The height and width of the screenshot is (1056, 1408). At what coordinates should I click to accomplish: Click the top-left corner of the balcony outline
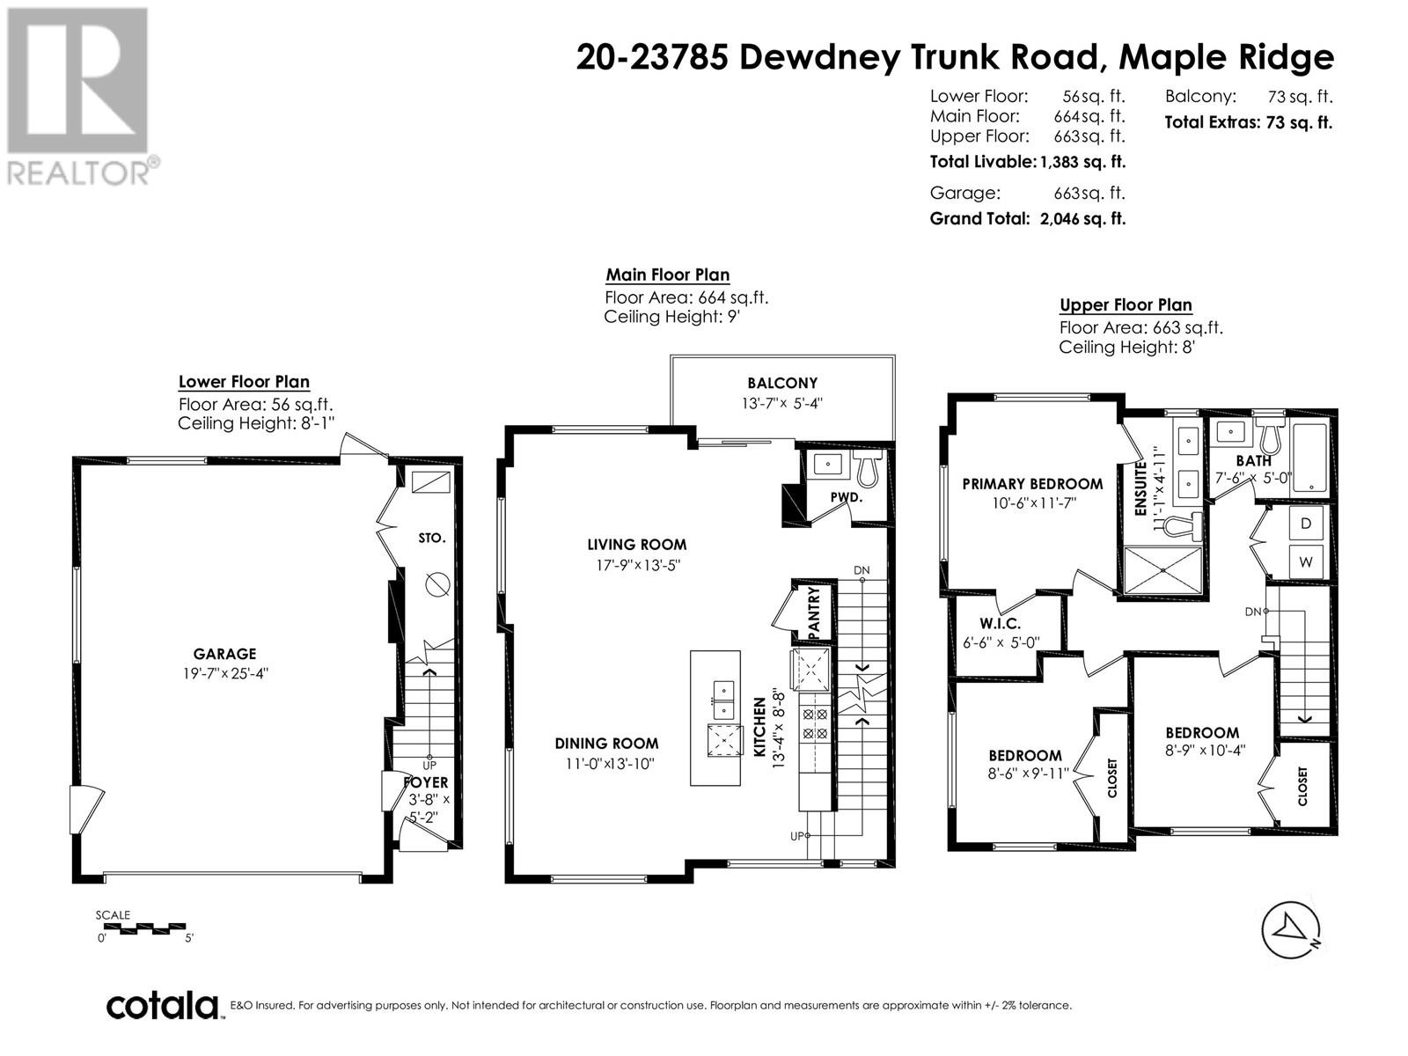(x=671, y=356)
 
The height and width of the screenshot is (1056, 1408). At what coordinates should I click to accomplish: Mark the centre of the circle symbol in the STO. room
(x=437, y=584)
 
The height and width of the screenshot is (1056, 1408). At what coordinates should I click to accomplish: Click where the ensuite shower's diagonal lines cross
(x=1163, y=569)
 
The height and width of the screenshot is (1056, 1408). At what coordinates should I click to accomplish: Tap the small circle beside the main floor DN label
(x=862, y=580)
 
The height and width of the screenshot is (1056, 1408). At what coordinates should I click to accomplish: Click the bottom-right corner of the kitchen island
(x=740, y=786)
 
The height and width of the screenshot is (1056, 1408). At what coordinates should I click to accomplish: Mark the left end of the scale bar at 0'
(x=97, y=928)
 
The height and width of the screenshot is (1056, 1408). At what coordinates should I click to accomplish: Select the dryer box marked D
(x=1306, y=524)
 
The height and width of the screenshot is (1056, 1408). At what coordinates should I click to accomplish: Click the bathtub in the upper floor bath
(x=1309, y=458)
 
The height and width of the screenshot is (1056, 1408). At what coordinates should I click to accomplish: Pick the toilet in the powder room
(x=868, y=467)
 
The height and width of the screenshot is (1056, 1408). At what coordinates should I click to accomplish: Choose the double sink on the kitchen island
(x=724, y=700)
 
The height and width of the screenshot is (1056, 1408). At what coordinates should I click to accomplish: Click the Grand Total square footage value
(x=1082, y=218)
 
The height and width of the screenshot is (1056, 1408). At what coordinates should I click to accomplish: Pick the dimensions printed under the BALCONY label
(x=782, y=403)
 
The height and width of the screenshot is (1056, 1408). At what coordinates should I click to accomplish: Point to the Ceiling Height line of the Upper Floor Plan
(x=1127, y=348)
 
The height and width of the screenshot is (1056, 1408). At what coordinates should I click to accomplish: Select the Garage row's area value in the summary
(x=1089, y=193)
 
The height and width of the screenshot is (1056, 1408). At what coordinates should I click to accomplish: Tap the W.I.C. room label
(x=1000, y=623)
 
